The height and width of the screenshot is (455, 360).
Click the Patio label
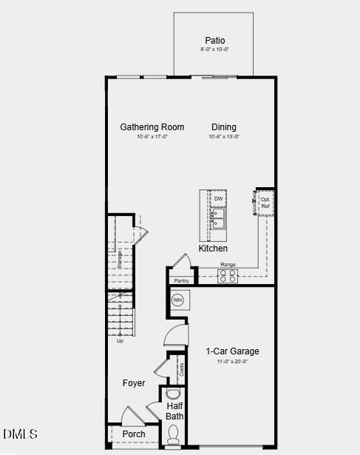coord(214,41)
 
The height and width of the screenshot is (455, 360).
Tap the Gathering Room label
coord(152,127)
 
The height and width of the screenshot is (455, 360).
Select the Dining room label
coord(224,127)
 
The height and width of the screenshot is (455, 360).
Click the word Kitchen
coord(213,249)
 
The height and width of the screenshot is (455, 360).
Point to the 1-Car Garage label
coord(232,351)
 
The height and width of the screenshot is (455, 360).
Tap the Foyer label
coord(134,383)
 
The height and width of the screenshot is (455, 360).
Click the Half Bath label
coord(175,411)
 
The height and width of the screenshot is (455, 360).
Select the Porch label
coord(134,434)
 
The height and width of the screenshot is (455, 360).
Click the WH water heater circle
coord(177,300)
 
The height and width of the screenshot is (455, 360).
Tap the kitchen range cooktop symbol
coord(228,276)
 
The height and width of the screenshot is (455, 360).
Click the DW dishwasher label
coord(219,199)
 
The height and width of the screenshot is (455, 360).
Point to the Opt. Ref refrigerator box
coord(265,203)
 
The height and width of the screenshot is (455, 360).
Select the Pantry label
coord(181,281)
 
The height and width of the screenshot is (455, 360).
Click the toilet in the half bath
coord(174,437)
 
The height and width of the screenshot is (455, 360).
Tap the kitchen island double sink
coord(219,219)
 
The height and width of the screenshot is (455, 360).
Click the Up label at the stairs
coord(120,341)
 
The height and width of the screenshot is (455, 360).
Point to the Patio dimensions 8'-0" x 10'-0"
coord(214,50)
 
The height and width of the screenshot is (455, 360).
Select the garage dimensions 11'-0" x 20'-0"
coord(232,362)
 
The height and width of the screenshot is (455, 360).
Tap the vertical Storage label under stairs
coord(120,259)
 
